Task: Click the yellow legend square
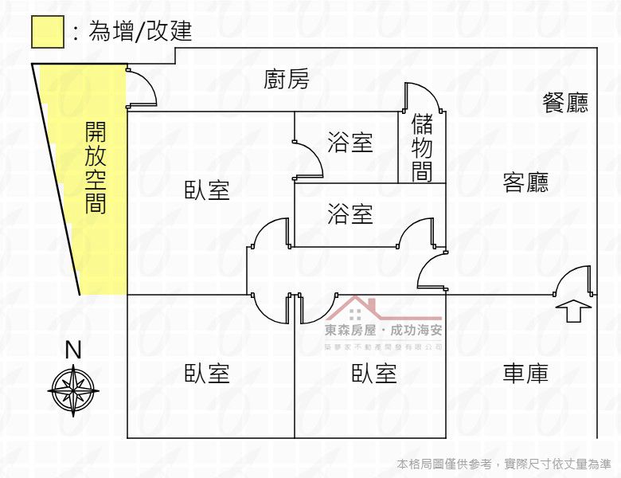point(48,32)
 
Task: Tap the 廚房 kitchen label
point(287,79)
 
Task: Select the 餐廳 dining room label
point(565,103)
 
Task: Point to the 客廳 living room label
point(525,182)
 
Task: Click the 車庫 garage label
point(525,374)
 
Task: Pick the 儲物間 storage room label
point(422,147)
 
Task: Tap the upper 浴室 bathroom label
point(350,143)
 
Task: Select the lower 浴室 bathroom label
point(350,214)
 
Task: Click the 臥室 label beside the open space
point(207,190)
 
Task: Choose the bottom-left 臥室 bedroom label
point(207,374)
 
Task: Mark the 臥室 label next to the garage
point(374,374)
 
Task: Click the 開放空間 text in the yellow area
point(96,167)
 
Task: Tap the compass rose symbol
point(74,390)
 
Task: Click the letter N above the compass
point(73,350)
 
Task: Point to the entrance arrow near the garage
point(573,311)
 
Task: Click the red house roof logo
point(384,308)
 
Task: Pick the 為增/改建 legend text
point(140,31)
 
